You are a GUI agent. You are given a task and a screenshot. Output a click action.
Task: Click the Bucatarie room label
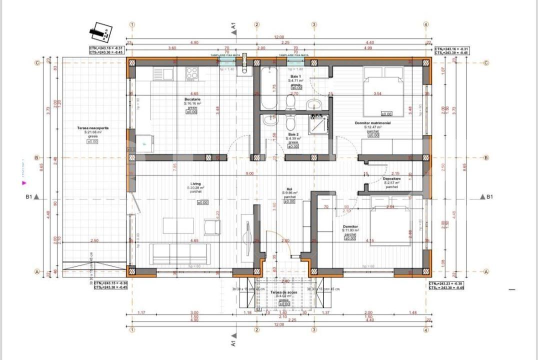[x=192, y=99]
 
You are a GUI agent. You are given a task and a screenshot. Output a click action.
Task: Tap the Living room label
[x=195, y=183]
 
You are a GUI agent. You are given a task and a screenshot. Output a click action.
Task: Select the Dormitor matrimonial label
[x=372, y=122]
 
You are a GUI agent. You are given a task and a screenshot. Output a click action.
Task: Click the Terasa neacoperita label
[x=92, y=128]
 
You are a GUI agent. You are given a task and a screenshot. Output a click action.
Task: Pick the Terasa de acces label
[x=283, y=292]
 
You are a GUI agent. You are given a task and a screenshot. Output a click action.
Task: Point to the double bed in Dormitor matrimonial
[x=382, y=92]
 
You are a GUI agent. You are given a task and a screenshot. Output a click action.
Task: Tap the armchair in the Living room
[x=211, y=227]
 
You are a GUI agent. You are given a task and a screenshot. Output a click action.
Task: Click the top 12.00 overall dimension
[x=278, y=37]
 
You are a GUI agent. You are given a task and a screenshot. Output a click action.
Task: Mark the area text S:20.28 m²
[x=195, y=188]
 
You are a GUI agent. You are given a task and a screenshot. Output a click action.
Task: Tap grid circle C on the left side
[x=36, y=63]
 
